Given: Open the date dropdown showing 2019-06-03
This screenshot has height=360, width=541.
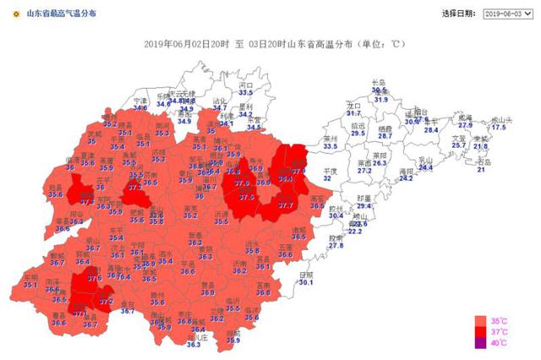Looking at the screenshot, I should click(505, 14).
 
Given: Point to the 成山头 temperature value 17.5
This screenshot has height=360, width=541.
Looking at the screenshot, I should click(499, 128).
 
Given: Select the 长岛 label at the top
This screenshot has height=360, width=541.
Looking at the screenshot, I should click(380, 82).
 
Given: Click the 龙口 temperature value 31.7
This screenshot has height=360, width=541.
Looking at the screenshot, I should click(353, 112).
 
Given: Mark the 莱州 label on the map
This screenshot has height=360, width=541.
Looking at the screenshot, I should click(331, 139).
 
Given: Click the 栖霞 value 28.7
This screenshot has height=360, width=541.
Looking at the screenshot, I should click(385, 135).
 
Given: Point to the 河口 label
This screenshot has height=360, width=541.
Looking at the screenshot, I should click(246, 85).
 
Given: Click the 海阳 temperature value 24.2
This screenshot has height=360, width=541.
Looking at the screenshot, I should click(406, 178).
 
